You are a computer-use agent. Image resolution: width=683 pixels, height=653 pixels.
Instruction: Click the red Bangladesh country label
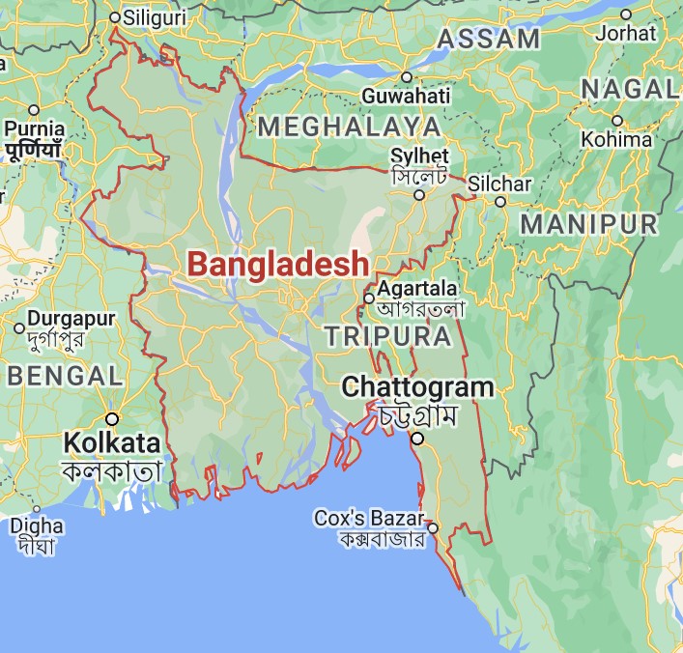tap(277, 263)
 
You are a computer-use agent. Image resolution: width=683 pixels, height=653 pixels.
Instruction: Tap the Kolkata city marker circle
tap(112, 418)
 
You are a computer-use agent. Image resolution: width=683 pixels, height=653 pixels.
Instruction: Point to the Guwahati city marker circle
tap(407, 77)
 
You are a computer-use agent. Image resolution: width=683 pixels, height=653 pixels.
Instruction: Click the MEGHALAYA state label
tap(349, 127)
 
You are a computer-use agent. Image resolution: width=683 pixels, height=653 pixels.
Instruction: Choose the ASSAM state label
tap(489, 40)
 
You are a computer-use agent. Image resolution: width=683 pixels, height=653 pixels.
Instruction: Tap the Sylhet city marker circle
tap(419, 195)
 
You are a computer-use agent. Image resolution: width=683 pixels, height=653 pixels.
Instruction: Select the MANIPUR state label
tap(588, 224)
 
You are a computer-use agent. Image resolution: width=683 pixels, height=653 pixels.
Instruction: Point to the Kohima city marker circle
tap(617, 121)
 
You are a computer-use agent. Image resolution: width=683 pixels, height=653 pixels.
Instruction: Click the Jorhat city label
tap(625, 33)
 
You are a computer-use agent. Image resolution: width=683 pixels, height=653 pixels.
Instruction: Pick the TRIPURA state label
tap(387, 336)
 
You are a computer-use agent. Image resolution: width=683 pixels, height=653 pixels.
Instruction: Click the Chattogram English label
tap(418, 388)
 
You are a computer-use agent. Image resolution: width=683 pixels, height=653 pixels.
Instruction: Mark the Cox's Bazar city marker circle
tap(433, 528)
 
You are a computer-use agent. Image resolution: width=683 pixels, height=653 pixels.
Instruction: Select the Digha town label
tap(38, 526)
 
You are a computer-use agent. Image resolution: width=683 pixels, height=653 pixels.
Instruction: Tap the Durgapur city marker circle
tap(19, 328)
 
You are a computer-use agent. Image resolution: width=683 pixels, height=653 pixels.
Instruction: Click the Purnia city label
tap(35, 128)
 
